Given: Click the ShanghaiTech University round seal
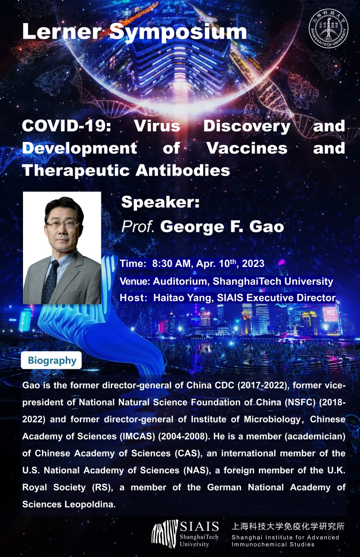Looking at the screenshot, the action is (328, 29).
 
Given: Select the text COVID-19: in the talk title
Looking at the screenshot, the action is (66, 126).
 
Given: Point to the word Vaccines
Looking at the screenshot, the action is (247, 148).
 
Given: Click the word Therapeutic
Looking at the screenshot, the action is (76, 171).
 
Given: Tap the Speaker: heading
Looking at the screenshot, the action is (160, 202).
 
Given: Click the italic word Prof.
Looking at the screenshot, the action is (137, 226).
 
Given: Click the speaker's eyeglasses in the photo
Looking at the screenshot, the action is (63, 225).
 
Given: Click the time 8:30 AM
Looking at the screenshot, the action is (171, 263).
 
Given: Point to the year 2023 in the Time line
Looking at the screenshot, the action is (253, 263).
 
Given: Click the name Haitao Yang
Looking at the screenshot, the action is (182, 298).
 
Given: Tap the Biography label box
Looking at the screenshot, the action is (51, 360).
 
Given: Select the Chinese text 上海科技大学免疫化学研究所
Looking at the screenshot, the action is (288, 526).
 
